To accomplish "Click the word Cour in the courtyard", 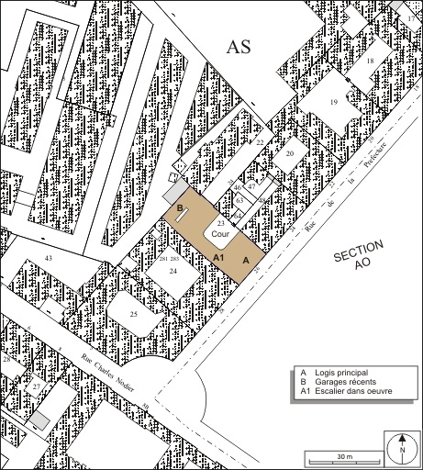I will tap(221, 235).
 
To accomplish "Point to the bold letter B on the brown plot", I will tap(180, 208).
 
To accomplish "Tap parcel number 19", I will tap(335, 102).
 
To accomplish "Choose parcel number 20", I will tap(289, 154).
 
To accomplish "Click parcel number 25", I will tap(134, 315).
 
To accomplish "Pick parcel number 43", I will tap(50, 260).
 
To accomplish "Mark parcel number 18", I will tap(371, 61).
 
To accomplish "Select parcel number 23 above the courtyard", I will tap(220, 223).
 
